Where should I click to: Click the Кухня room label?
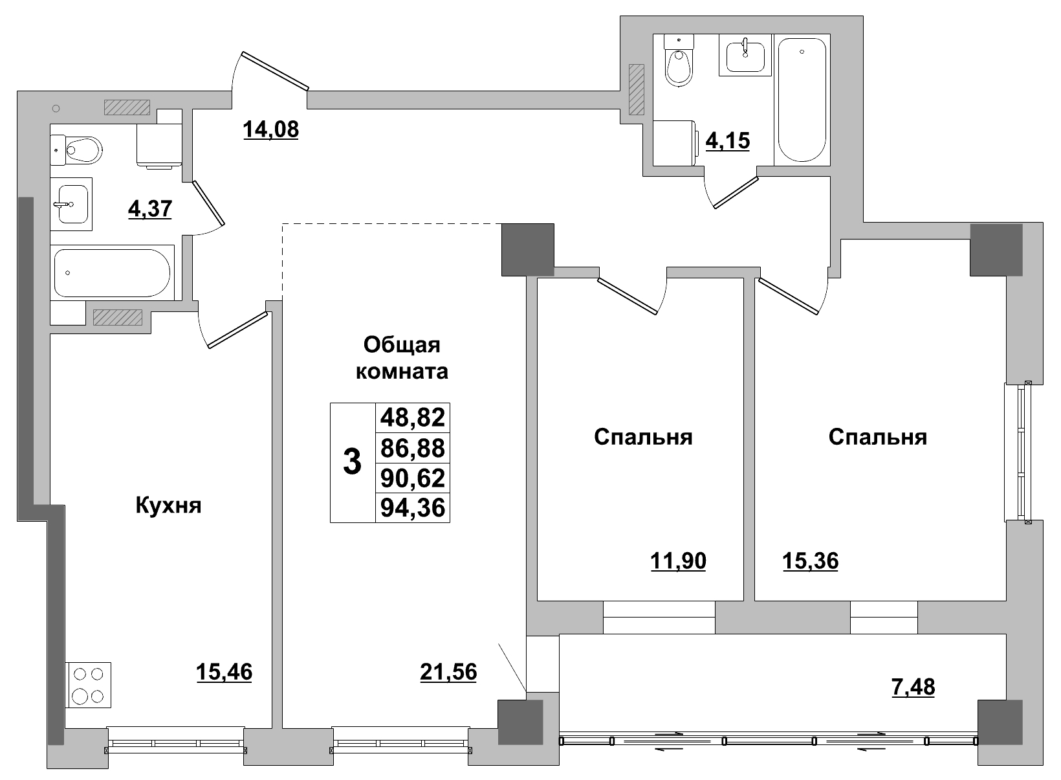(168, 505)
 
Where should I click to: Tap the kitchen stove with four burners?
(89, 685)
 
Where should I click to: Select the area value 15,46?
(224, 673)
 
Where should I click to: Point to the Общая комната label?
(402, 359)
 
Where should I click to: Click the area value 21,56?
(448, 673)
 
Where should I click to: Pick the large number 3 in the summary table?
(351, 463)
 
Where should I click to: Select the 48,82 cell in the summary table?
(413, 418)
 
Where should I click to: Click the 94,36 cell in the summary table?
(413, 507)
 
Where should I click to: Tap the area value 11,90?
(677, 561)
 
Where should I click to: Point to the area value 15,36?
(810, 561)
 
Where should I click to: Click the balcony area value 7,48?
(912, 686)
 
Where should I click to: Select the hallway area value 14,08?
(270, 129)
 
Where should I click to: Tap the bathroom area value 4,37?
(150, 209)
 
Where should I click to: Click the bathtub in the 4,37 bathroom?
(113, 273)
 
